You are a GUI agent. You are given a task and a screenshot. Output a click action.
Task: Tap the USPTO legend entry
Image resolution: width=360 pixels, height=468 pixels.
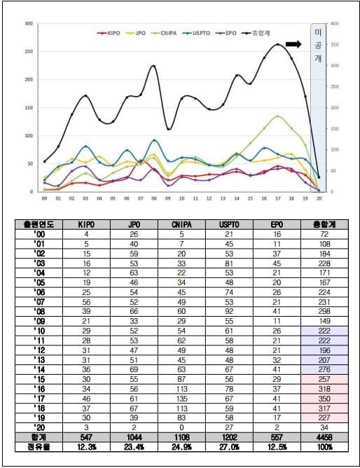(203, 32)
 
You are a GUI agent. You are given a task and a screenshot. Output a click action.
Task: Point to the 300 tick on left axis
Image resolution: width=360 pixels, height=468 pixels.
(29, 24)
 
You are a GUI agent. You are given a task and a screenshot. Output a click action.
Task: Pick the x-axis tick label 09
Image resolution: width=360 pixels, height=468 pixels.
(168, 198)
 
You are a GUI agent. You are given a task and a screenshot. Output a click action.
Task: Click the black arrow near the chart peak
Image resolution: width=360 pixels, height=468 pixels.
(293, 44)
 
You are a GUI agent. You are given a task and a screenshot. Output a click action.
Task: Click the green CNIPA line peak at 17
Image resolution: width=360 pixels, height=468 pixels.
(278, 116)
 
